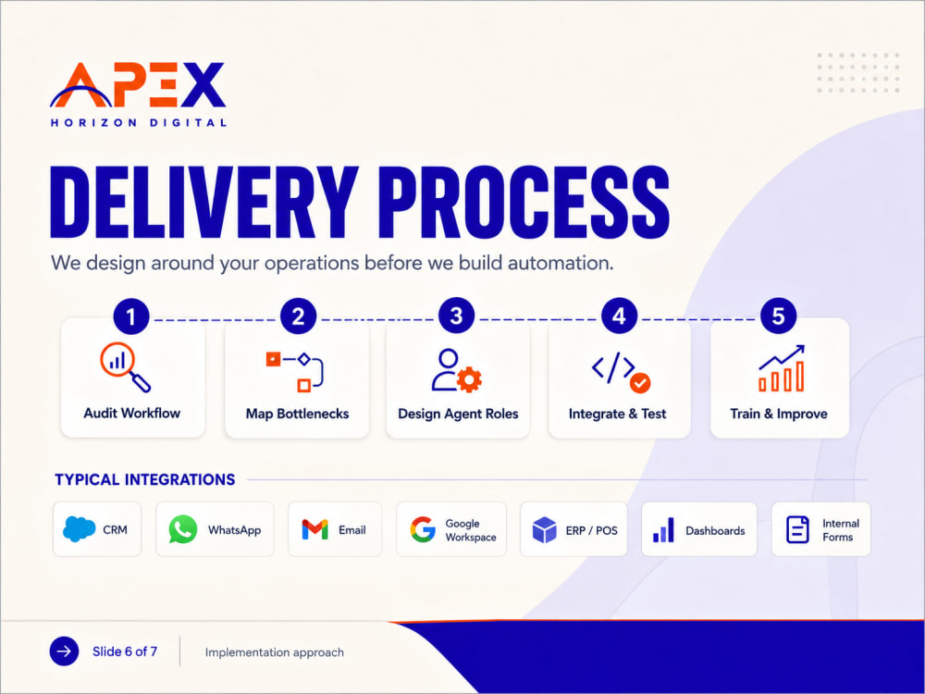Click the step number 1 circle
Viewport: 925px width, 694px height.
tap(131, 316)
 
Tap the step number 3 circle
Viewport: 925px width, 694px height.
tap(457, 316)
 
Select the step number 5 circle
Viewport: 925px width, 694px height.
tap(778, 316)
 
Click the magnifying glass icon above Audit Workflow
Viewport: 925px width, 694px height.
tap(125, 367)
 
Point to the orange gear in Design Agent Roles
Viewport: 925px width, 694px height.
tap(469, 379)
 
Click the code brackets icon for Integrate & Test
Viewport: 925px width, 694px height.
tap(613, 367)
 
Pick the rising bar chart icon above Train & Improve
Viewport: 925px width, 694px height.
tap(781, 368)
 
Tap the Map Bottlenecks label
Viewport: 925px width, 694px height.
tap(297, 414)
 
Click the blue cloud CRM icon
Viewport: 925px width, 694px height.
tap(79, 528)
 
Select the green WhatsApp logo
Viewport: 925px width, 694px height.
tap(183, 529)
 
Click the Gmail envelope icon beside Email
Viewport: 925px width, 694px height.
tap(315, 529)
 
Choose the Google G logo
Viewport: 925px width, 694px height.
tap(423, 529)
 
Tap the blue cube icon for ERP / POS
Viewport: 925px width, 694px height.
tap(545, 529)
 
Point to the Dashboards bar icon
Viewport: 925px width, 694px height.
tap(663, 530)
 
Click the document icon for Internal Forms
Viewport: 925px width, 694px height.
tap(797, 529)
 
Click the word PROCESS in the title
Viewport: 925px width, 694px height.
tap(524, 203)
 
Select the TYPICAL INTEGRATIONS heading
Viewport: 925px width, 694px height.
tap(145, 479)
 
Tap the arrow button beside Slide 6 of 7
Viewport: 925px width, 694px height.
tap(65, 651)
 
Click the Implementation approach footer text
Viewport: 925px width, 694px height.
tap(275, 652)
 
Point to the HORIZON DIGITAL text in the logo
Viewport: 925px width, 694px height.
tap(139, 123)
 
